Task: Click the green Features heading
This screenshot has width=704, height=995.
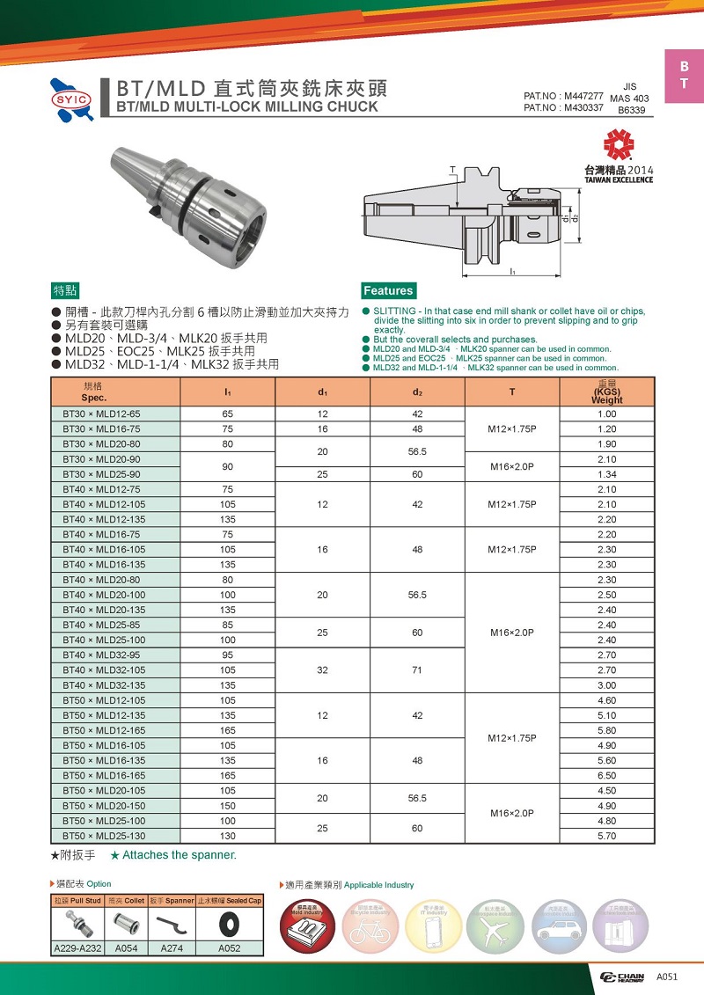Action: [387, 290]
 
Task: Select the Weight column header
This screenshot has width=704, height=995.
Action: [606, 391]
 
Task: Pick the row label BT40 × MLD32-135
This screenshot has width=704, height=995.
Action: [104, 685]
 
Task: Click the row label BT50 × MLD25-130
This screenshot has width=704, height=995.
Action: [104, 836]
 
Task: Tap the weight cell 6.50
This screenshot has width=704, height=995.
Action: [606, 776]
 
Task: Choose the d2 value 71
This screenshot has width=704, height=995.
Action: [417, 670]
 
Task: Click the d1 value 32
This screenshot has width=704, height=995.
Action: [323, 670]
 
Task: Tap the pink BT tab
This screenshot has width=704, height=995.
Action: [684, 77]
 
